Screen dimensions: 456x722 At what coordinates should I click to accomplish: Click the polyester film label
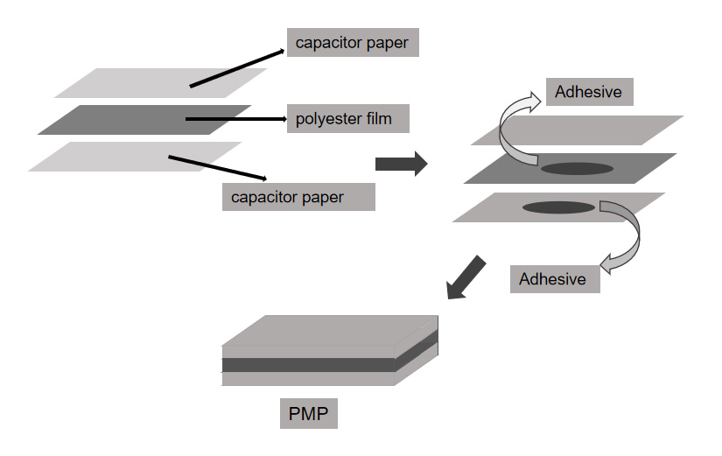pyautogui.click(x=348, y=117)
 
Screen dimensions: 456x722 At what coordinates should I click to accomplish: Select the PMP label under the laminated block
pyautogui.click(x=308, y=412)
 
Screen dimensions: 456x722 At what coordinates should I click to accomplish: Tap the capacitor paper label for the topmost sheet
pyautogui.click(x=353, y=41)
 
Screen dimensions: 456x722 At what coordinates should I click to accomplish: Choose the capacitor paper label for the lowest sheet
pyautogui.click(x=298, y=196)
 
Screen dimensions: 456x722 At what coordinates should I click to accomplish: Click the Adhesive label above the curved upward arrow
pyautogui.click(x=589, y=90)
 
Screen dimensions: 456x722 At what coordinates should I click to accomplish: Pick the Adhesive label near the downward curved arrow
pyautogui.click(x=555, y=278)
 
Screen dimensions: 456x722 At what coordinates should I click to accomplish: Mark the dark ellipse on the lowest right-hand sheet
pyautogui.click(x=558, y=207)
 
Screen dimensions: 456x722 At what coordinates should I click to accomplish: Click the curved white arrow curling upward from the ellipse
pyautogui.click(x=516, y=131)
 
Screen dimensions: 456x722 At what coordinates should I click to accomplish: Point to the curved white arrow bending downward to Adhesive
pyautogui.click(x=627, y=236)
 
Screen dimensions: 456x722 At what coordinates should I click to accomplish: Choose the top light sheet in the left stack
pyautogui.click(x=131, y=83)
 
